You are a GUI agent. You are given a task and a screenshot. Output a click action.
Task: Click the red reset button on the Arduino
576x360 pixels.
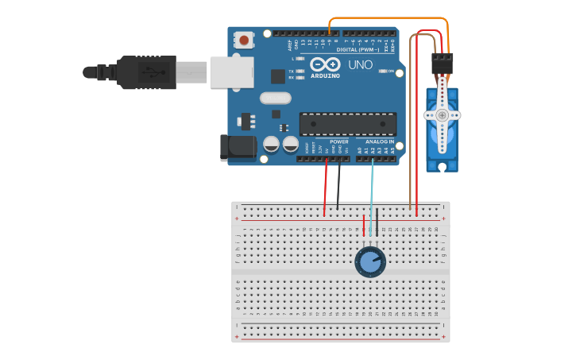click(244, 39)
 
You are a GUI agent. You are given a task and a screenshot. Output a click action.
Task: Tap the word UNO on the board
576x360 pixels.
click(361, 64)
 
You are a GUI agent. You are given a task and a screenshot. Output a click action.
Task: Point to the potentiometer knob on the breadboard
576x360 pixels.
click(369, 261)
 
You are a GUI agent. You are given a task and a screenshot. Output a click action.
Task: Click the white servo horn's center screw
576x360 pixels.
click(442, 115)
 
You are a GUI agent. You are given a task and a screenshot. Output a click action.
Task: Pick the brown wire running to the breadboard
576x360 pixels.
click(410, 119)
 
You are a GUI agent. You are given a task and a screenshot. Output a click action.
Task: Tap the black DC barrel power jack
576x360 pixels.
click(238, 147)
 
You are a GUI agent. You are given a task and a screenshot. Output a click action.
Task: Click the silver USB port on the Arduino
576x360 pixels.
click(231, 72)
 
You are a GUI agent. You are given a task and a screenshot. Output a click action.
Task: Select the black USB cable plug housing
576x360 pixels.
click(146, 72)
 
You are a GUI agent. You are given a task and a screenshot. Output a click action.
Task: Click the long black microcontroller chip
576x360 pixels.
click(347, 124)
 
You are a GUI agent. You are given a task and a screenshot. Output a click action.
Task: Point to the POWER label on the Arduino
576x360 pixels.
click(338, 141)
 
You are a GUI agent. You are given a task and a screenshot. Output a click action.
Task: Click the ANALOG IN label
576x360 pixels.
click(379, 141)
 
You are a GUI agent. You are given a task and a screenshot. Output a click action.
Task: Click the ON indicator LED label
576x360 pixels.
click(391, 71)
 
